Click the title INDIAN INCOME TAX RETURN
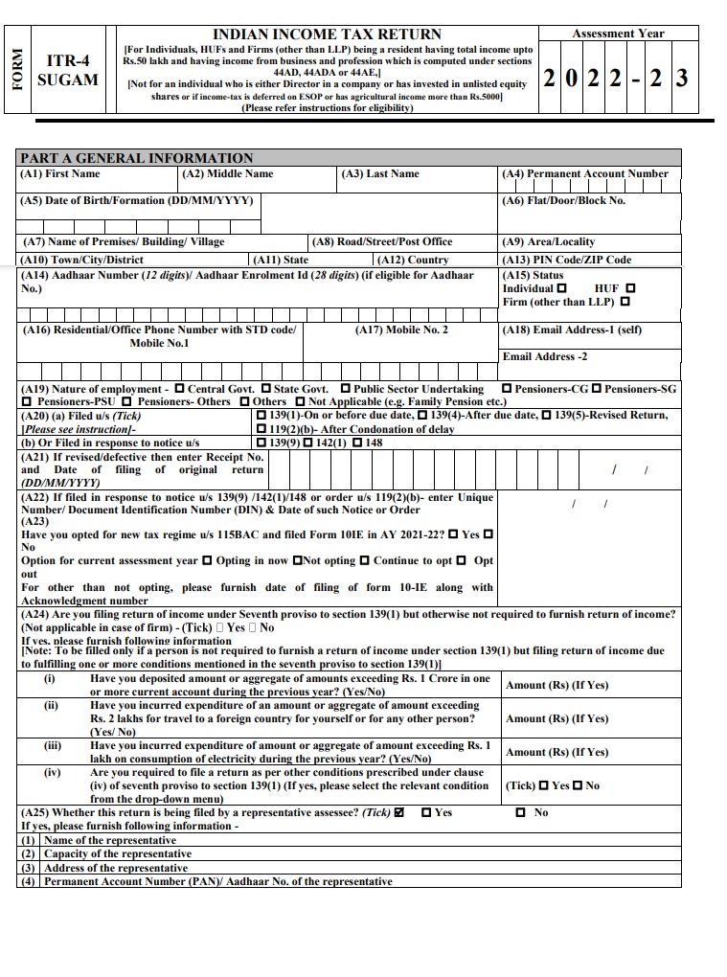pyautogui.click(x=327, y=34)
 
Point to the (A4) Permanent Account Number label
pyautogui.click(x=585, y=174)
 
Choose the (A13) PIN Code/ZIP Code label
pyautogui.click(x=567, y=260)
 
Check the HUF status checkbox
pyautogui.click(x=629, y=288)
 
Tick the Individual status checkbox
pyautogui.click(x=561, y=288)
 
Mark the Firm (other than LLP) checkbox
pyautogui.click(x=625, y=303)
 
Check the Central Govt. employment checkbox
pyautogui.click(x=179, y=390)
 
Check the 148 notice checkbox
pyautogui.click(x=357, y=443)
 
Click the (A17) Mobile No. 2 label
pyautogui.click(x=401, y=330)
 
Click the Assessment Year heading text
pyautogui.click(x=618, y=34)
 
